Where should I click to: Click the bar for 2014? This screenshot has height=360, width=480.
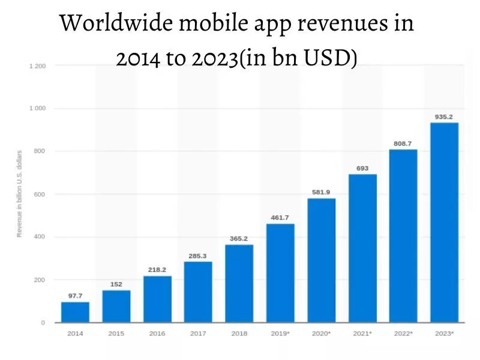tap(75, 312)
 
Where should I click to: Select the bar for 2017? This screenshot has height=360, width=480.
tap(198, 292)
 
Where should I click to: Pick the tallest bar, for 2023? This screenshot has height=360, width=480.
tap(445, 222)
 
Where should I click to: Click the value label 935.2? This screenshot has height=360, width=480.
tap(445, 116)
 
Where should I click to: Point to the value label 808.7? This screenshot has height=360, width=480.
tap(403, 143)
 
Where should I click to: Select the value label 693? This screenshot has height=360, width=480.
tap(362, 169)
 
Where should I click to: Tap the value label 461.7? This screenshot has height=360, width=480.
tap(280, 218)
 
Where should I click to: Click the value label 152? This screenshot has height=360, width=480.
tap(116, 284)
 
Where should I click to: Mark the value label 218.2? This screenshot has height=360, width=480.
tap(157, 270)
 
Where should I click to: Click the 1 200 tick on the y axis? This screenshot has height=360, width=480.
tap(37, 65)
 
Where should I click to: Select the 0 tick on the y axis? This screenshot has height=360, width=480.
tap(43, 323)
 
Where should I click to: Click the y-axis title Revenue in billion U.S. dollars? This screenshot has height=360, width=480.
tap(19, 194)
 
